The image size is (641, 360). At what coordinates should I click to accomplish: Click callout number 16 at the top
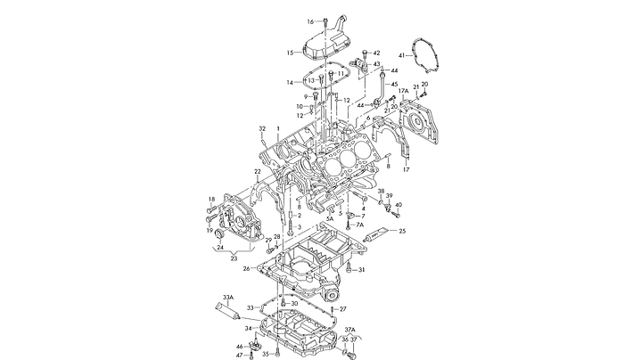[311, 21]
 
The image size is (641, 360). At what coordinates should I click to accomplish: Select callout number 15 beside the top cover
[290, 53]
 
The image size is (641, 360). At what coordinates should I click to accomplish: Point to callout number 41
[402, 56]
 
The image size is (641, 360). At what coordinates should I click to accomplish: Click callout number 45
[394, 84]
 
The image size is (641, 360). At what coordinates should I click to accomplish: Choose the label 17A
[403, 91]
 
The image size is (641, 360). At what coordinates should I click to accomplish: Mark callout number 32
[263, 129]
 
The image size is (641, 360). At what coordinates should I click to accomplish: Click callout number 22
[257, 171]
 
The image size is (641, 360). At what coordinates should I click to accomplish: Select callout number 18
[211, 199]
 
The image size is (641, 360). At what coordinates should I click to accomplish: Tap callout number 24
[220, 248]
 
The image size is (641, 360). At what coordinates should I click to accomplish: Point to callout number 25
[402, 231]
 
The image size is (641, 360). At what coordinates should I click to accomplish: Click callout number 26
[247, 269]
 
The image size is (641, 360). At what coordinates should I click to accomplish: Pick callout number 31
[362, 269]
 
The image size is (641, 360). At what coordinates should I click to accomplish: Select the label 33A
[228, 297]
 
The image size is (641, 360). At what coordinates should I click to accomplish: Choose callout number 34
[249, 329]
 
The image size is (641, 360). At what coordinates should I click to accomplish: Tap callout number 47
[239, 356]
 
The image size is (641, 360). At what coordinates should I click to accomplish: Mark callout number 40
[399, 205]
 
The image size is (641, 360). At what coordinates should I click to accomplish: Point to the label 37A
[350, 330]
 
